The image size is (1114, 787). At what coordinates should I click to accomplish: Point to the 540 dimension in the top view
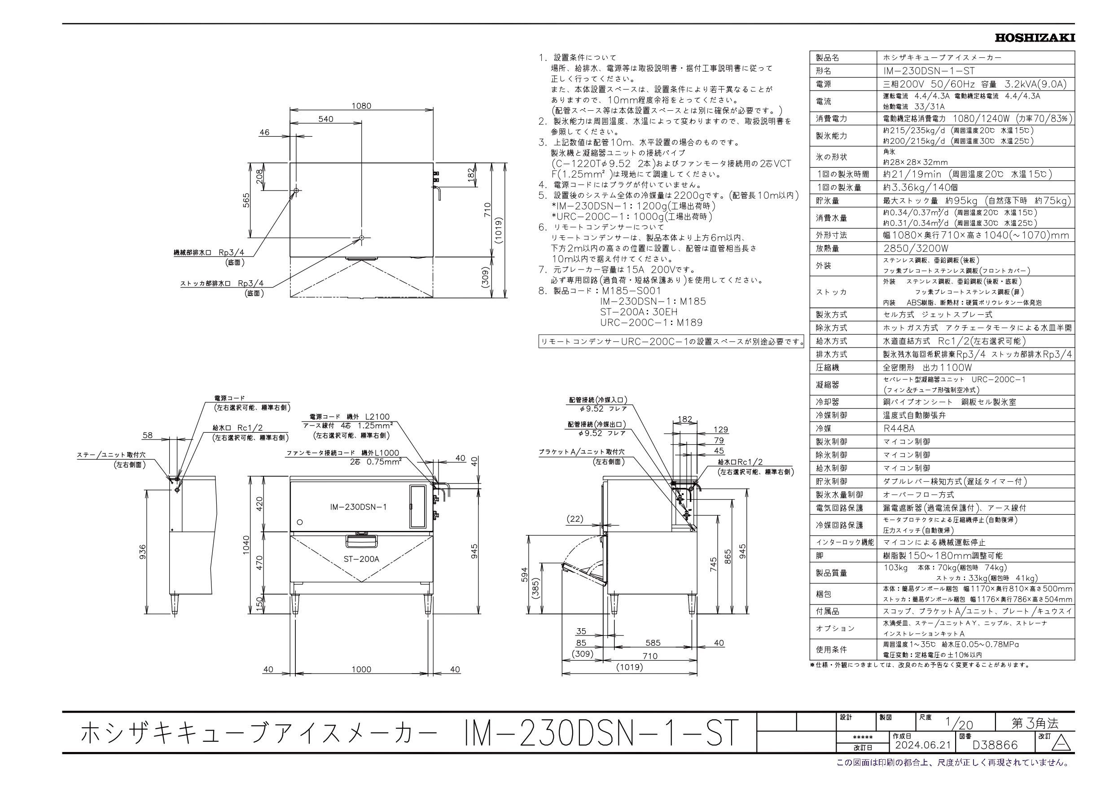pyautogui.click(x=325, y=119)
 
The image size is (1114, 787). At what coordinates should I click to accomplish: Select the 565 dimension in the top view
pyautogui.click(x=246, y=200)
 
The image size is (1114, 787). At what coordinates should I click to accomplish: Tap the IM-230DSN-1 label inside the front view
pyautogui.click(x=358, y=507)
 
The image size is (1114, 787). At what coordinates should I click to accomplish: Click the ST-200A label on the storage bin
pyautogui.click(x=361, y=559)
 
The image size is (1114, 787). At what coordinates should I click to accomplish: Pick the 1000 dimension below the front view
pyautogui.click(x=361, y=670)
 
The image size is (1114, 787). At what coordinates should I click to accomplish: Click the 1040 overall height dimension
pyautogui.click(x=246, y=545)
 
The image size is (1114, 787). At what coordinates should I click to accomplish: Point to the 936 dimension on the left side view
pyautogui.click(x=143, y=552)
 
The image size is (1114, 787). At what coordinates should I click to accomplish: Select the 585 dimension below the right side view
pyautogui.click(x=653, y=643)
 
